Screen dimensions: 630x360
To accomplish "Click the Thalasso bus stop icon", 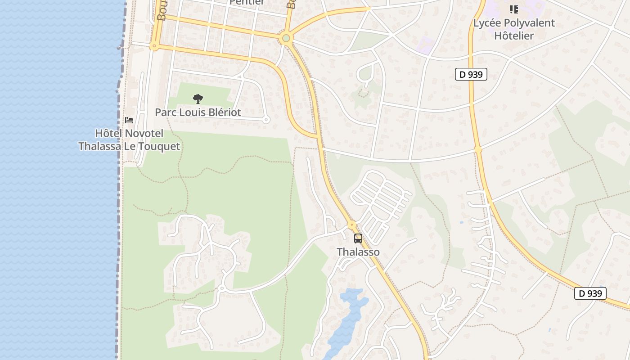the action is pyautogui.click(x=358, y=238).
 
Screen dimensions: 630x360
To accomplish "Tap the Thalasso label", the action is pyautogui.click(x=358, y=252).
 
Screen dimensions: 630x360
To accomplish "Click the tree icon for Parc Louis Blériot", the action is pyautogui.click(x=198, y=99).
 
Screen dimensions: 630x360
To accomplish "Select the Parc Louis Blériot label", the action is pyautogui.click(x=198, y=112).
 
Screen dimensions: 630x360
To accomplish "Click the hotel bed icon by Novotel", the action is pyautogui.click(x=129, y=120).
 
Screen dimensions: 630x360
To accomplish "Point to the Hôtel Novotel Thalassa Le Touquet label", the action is pyautogui.click(x=129, y=140).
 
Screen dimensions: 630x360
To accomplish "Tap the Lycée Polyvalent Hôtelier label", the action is pyautogui.click(x=514, y=29).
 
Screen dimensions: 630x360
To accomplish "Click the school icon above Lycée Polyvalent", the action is pyautogui.click(x=513, y=9).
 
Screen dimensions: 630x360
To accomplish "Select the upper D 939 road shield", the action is pyautogui.click(x=471, y=74).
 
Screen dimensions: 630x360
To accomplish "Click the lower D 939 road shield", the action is pyautogui.click(x=590, y=293).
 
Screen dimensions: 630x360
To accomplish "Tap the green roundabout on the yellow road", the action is pyautogui.click(x=286, y=38).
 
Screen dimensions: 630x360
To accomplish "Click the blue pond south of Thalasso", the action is pyautogui.click(x=349, y=315).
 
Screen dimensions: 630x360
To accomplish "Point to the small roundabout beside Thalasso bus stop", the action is pyautogui.click(x=352, y=224).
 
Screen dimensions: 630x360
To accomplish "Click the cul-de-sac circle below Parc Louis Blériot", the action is pyautogui.click(x=265, y=120).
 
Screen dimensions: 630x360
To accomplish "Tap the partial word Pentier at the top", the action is pyautogui.click(x=247, y=2).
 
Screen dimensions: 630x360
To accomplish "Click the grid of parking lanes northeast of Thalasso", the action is pyautogui.click(x=380, y=198).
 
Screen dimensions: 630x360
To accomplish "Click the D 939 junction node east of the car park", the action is pyautogui.click(x=478, y=148).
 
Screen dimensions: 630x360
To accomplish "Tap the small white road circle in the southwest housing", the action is pyautogui.click(x=221, y=288).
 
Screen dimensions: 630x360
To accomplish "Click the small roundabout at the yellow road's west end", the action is pyautogui.click(x=154, y=46).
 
